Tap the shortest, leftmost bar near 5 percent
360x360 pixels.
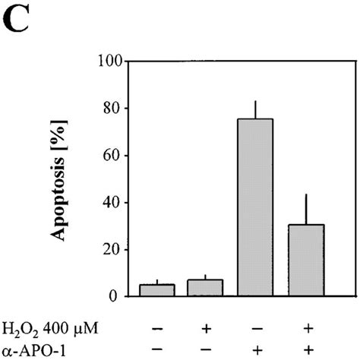pyautogui.click(x=157, y=290)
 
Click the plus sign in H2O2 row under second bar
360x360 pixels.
pyautogui.click(x=205, y=328)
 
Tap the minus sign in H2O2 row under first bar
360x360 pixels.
pyautogui.click(x=156, y=328)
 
